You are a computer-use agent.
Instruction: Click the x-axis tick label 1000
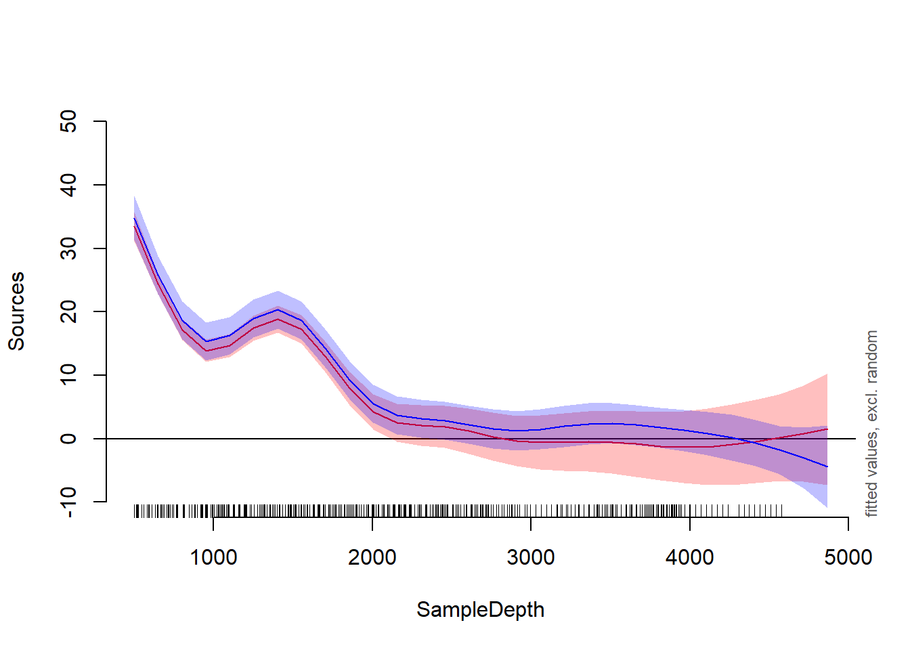click(213, 558)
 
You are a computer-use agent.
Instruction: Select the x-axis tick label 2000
click(372, 558)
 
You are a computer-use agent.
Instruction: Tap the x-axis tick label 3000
click(531, 558)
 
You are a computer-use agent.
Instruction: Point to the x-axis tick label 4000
click(689, 558)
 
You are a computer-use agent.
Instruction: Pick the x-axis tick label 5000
click(848, 558)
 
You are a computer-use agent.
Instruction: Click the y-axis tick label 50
click(68, 122)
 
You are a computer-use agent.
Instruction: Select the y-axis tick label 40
click(68, 185)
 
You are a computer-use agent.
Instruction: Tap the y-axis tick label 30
click(68, 248)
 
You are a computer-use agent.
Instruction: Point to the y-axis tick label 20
click(68, 311)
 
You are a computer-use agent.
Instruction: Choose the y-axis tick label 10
click(68, 375)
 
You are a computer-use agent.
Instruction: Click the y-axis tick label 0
click(68, 439)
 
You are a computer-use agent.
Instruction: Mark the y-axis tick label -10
click(68, 502)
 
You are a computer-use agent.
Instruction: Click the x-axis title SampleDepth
click(480, 609)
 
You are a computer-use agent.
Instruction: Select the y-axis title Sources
click(16, 311)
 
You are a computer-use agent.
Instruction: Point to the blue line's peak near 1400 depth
click(278, 310)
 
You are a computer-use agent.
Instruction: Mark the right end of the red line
click(827, 429)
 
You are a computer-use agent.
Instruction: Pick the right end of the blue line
click(827, 467)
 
